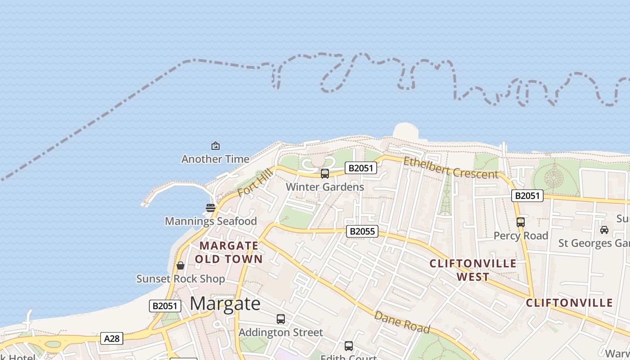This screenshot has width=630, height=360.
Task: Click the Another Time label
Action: (x=215, y=159)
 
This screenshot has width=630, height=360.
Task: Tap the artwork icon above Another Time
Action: (x=216, y=146)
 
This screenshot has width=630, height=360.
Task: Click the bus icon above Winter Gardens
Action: (x=325, y=173)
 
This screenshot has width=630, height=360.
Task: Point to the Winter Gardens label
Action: (x=325, y=186)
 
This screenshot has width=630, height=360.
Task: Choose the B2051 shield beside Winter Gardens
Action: (x=360, y=168)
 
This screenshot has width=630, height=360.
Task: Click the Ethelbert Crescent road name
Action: (x=451, y=168)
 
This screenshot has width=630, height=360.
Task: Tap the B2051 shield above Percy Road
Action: (x=527, y=196)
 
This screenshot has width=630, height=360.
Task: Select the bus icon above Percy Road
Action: (x=521, y=222)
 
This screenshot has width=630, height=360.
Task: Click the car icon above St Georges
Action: (x=604, y=230)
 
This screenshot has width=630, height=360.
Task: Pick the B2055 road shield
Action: (x=362, y=231)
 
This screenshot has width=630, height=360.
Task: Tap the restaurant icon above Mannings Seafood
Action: (x=211, y=208)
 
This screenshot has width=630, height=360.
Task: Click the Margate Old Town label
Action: (x=229, y=252)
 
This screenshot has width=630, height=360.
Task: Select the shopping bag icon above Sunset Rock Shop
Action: (x=180, y=265)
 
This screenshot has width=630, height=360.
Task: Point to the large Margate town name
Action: (x=225, y=304)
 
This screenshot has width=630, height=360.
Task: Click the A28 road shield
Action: (x=112, y=338)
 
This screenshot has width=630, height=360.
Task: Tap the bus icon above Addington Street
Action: (x=281, y=319)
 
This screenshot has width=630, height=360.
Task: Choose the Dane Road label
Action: (x=402, y=322)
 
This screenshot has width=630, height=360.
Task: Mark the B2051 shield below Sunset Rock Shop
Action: (x=165, y=306)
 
